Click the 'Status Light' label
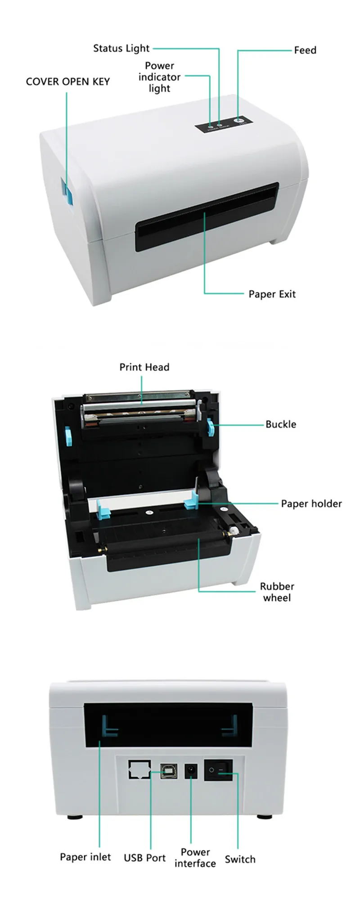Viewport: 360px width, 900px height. click(121, 49)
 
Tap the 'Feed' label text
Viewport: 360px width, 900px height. click(305, 50)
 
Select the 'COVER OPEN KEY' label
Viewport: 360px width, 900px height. click(68, 81)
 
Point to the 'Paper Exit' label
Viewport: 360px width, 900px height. click(272, 294)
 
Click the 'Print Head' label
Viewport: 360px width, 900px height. click(144, 367)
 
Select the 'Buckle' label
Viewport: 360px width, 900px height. click(280, 424)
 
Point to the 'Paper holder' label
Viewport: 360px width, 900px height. click(311, 504)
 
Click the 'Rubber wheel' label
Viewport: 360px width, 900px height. click(277, 592)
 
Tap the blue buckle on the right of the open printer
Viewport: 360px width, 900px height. click(211, 427)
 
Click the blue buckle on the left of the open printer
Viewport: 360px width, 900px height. click(68, 436)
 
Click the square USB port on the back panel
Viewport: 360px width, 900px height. click(169, 771)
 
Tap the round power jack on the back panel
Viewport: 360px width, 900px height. click(192, 771)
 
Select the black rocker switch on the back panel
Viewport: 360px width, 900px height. click(219, 770)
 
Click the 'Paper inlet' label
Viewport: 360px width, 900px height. click(85, 857)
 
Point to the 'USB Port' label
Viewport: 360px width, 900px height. click(144, 858)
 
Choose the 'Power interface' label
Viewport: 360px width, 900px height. click(195, 858)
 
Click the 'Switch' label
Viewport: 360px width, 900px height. click(240, 859)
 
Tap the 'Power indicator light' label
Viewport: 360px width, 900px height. click(159, 77)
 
